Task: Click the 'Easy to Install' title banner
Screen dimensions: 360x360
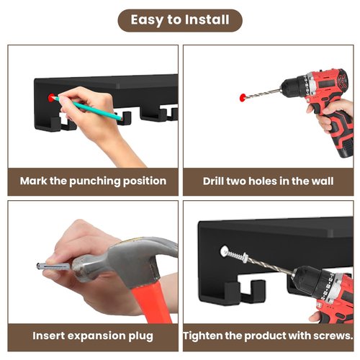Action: pyautogui.click(x=180, y=20)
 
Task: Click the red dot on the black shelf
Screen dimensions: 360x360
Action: pyautogui.click(x=51, y=97)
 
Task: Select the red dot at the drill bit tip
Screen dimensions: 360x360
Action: pyautogui.click(x=243, y=97)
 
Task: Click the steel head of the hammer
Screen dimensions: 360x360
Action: pyautogui.click(x=125, y=261)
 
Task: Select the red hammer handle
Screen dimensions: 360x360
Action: pyautogui.click(x=152, y=302)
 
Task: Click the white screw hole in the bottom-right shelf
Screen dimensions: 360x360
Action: pyautogui.click(x=225, y=251)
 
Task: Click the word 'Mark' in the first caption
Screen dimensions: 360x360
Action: pyautogui.click(x=33, y=181)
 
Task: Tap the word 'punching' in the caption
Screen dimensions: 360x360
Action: pyautogui.click(x=95, y=181)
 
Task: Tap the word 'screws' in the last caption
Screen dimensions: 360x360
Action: pyautogui.click(x=334, y=336)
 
